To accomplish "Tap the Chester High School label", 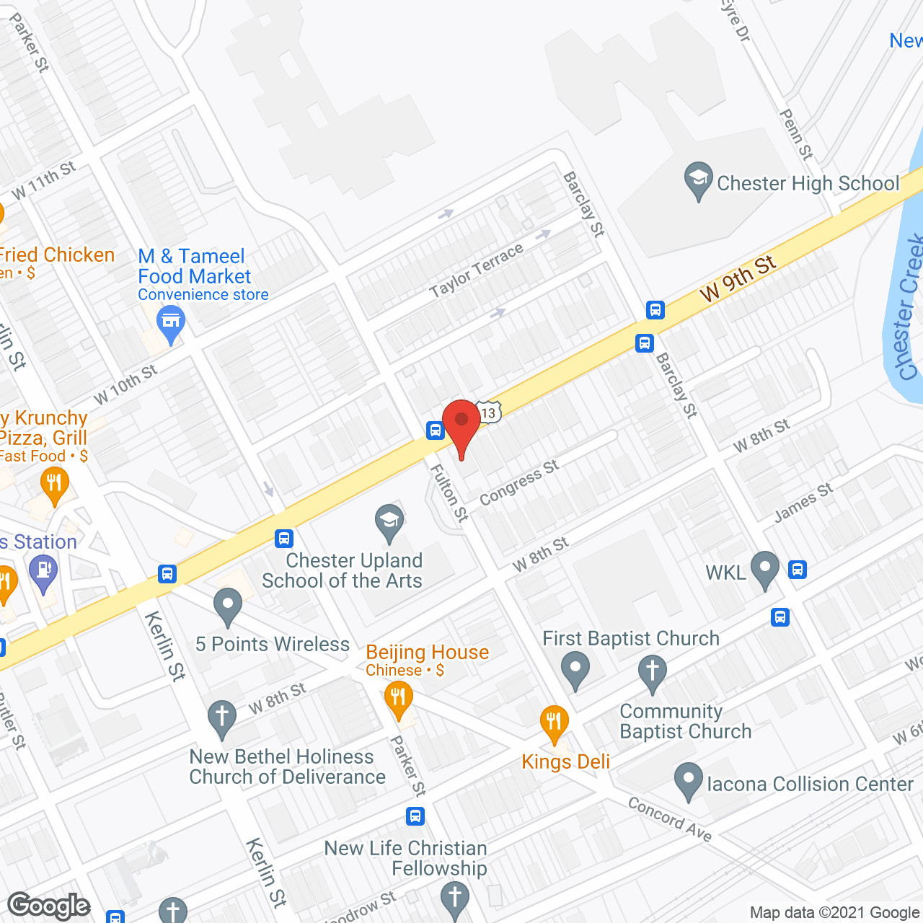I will pos(808,184).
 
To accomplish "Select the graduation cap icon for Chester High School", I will pos(698,178).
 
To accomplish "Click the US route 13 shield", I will pos(489,412).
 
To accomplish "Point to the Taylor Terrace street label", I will pos(476,270).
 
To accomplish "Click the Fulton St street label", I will pos(449,493).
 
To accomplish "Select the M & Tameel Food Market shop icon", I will pos(171,322).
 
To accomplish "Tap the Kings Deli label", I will pos(566,762).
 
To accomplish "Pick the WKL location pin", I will pos(764,568).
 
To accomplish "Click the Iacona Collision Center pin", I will pos(689,780).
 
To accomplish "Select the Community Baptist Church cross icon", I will pos(652,672).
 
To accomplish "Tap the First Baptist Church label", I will pos(631,639).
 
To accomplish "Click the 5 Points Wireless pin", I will pos(228,606).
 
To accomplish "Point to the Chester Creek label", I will pos(910,306).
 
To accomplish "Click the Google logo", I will pos(49,906).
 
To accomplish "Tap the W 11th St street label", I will pos(44,180).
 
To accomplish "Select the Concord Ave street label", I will pos(670,820).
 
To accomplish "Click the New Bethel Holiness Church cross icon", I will pos(221,718).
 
